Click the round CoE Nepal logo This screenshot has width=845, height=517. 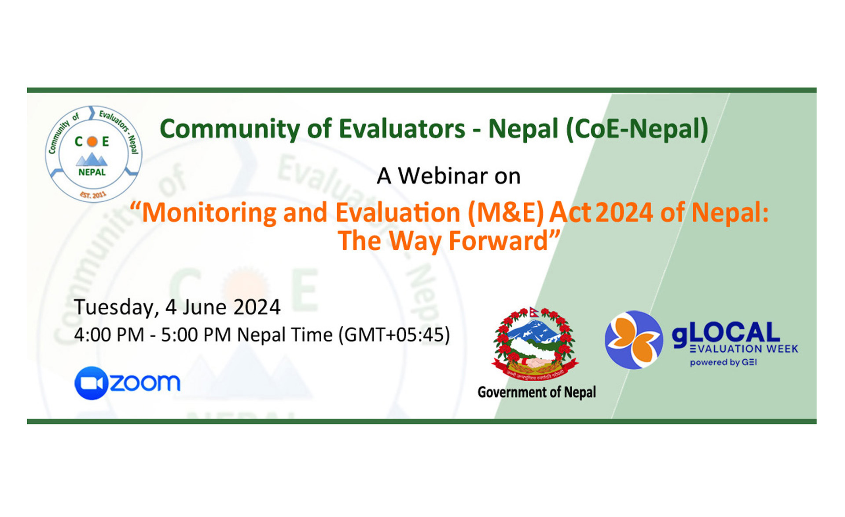(x=93, y=154)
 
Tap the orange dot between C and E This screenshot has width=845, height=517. (x=92, y=142)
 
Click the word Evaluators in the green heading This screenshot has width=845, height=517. (x=401, y=129)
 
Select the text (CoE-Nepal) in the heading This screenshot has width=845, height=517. (x=636, y=129)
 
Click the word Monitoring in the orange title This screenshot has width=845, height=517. (x=209, y=213)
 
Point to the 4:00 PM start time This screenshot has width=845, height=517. (x=109, y=335)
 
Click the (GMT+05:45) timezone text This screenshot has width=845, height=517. (x=394, y=335)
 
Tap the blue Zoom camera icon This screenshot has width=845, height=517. (x=91, y=383)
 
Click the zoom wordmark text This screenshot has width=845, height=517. (x=145, y=382)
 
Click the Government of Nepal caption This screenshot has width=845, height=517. (x=536, y=392)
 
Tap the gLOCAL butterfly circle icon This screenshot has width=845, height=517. (x=633, y=340)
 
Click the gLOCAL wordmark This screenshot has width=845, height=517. (x=725, y=333)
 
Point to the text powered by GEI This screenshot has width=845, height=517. (x=723, y=363)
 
